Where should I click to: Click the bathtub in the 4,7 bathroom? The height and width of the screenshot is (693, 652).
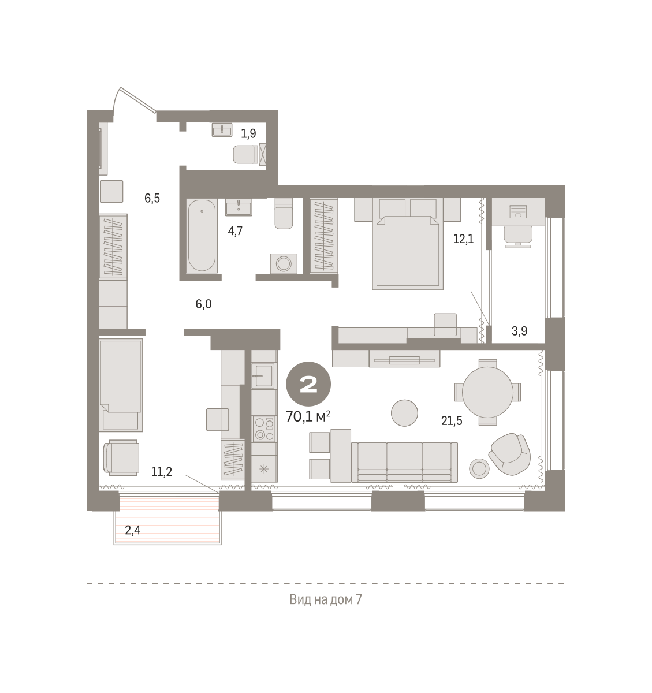tap(202, 236)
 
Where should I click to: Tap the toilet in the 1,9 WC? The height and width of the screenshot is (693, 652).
tap(245, 154)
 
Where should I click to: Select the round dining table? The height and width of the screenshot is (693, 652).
tap(487, 392)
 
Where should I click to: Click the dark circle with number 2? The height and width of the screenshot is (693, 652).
tap(308, 384)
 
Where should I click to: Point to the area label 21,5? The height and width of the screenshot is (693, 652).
tap(452, 421)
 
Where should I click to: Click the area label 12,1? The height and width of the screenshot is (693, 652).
tap(464, 239)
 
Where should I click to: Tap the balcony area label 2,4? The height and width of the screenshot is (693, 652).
tap(133, 530)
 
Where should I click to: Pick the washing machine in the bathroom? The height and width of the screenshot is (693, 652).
tap(284, 263)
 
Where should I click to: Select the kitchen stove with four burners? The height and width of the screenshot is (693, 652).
tap(264, 429)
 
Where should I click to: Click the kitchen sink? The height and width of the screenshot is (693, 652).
tap(264, 376)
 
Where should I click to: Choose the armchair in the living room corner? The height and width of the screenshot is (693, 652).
tap(509, 453)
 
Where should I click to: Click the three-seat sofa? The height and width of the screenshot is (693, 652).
tap(404, 462)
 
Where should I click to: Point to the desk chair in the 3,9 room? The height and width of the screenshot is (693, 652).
tap(518, 236)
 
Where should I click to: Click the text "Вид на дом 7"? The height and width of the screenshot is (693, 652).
tap(325, 599)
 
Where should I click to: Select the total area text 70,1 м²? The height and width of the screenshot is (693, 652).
tap(308, 416)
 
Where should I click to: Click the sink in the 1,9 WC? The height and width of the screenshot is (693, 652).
tap(222, 130)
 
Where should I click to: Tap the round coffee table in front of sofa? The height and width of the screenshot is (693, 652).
tap(404, 413)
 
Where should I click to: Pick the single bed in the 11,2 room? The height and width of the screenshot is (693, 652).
tap(121, 385)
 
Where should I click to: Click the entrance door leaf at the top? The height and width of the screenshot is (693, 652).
tap(138, 100)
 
